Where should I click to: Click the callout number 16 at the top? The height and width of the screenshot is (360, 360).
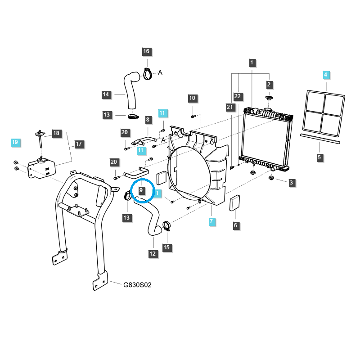(146, 52)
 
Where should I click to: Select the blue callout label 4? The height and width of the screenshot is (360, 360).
(326, 74)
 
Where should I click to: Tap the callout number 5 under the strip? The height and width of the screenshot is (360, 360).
(319, 157)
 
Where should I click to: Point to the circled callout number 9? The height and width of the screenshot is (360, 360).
(141, 190)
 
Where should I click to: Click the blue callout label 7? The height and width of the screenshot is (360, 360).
(211, 221)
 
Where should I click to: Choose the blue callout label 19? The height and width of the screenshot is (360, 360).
(15, 142)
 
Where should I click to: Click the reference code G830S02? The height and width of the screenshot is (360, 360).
(138, 285)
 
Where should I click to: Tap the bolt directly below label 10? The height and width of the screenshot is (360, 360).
(193, 116)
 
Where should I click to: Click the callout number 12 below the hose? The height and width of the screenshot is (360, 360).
(153, 254)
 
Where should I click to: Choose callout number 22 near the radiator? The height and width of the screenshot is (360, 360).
(238, 96)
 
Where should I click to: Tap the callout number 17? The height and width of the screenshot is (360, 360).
(79, 144)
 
